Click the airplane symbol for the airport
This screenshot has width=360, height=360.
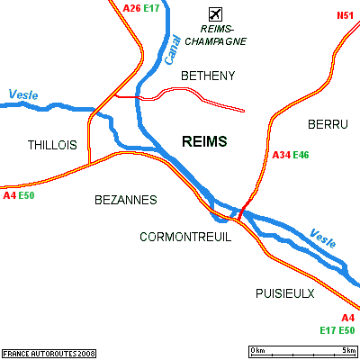[x=215, y=14]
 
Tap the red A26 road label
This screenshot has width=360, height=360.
[x=131, y=8]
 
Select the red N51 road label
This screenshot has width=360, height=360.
[x=346, y=15]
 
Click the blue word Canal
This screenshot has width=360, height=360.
[x=173, y=50]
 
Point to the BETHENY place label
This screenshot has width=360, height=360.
[x=208, y=76]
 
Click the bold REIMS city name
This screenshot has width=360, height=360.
[x=204, y=141]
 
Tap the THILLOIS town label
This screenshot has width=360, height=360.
[x=52, y=145]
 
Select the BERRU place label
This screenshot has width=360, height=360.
[x=328, y=124]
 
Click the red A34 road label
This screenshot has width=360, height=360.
[x=282, y=155]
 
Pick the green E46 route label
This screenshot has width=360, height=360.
[x=301, y=155]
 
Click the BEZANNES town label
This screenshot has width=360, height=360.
[x=126, y=200]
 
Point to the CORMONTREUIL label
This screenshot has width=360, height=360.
[x=185, y=238]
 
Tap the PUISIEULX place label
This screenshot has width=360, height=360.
[x=285, y=293]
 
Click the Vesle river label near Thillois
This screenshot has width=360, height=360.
[x=23, y=94]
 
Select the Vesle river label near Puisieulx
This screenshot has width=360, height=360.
[x=323, y=238]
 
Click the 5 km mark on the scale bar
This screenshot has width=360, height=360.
[x=349, y=350]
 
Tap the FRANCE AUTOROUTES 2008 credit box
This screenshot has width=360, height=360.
[x=49, y=354]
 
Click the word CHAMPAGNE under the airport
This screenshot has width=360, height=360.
[x=216, y=41]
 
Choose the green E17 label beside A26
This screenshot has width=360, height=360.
[x=151, y=8]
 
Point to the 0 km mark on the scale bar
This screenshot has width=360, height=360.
[x=258, y=350]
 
